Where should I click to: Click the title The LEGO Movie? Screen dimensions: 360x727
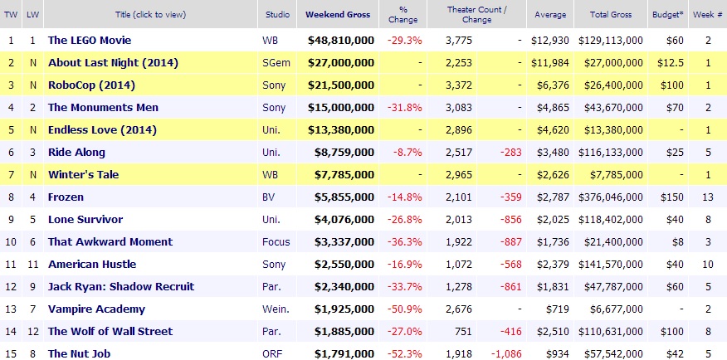(x=90, y=40)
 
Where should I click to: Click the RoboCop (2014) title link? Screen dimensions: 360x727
(x=91, y=85)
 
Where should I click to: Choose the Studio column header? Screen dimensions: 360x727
(x=278, y=15)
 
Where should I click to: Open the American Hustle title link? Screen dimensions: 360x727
(x=91, y=264)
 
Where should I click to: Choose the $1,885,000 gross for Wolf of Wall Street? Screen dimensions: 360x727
(x=341, y=331)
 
